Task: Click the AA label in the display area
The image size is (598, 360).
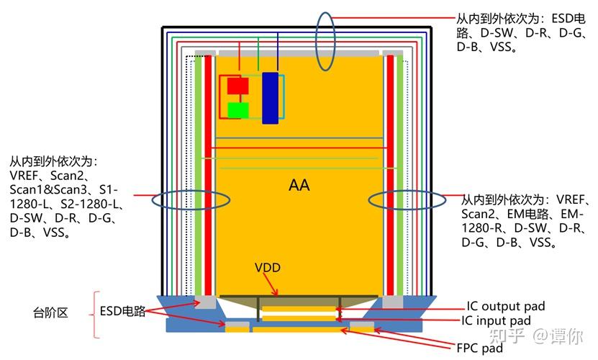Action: [x=299, y=185]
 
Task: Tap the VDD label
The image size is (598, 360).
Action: [x=268, y=267]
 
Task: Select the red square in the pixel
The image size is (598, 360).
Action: [x=238, y=86]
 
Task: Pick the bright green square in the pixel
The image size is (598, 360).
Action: [x=238, y=110]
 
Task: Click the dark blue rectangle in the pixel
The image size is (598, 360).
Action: [x=270, y=98]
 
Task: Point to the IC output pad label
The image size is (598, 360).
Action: [x=506, y=306]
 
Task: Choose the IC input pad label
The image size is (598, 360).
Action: [x=496, y=320]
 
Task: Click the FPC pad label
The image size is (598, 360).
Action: [x=480, y=348]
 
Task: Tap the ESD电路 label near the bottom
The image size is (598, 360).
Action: [x=122, y=311]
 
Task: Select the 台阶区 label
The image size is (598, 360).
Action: [x=50, y=312]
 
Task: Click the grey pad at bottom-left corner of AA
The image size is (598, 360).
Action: [x=205, y=302]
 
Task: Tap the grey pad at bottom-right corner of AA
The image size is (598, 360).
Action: [x=392, y=302]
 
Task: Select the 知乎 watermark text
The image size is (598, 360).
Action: [x=507, y=336]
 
